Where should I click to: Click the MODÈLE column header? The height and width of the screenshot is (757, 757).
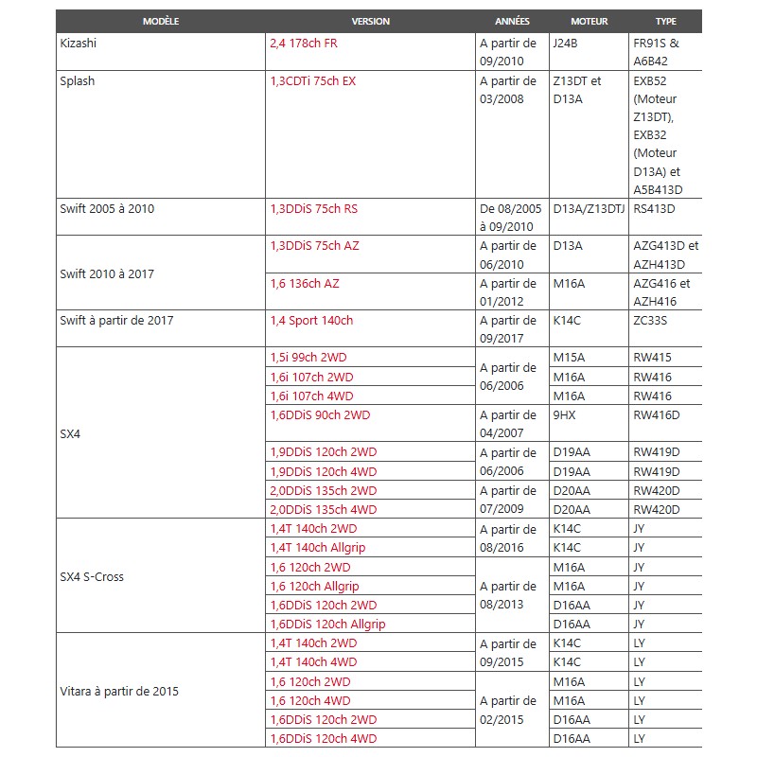click(161, 21)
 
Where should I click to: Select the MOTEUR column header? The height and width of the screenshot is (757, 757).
click(590, 21)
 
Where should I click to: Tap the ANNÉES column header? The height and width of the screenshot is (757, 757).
click(512, 21)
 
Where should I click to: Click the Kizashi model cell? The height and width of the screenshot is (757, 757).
click(79, 44)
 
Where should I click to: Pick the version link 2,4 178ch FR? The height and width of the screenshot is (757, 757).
click(304, 44)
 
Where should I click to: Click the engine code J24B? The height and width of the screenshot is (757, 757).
click(567, 44)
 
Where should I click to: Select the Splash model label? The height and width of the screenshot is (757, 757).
click(78, 81)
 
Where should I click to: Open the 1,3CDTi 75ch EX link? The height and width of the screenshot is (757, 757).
click(313, 81)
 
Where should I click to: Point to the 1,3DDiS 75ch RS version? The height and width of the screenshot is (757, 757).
click(314, 209)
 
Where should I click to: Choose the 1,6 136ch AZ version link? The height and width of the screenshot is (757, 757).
click(305, 284)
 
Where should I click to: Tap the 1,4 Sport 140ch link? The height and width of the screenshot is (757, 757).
click(311, 321)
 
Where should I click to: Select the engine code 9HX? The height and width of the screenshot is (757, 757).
click(565, 414)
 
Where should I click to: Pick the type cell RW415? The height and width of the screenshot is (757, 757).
click(652, 359)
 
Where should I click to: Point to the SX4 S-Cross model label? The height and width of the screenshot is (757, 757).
click(92, 576)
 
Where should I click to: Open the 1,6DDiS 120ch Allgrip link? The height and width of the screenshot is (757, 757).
click(327, 625)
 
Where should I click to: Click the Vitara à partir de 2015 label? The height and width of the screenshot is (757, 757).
click(119, 692)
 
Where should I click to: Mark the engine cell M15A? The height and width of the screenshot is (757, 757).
click(569, 359)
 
